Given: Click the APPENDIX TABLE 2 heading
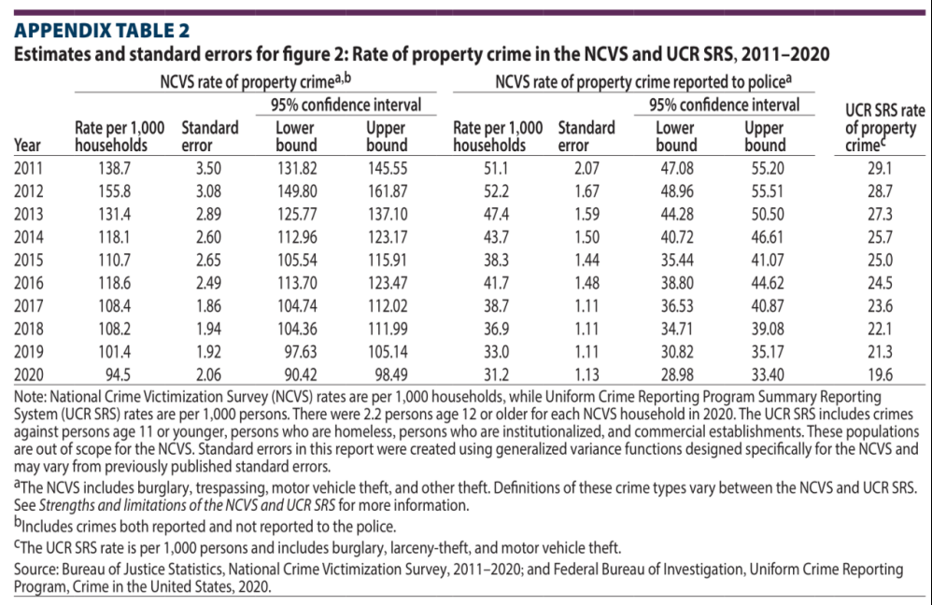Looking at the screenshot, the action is coord(102,30).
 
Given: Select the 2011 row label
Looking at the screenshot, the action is coord(29,169).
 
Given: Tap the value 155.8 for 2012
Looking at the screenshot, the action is coord(115,191).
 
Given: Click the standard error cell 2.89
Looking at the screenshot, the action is coord(208,215).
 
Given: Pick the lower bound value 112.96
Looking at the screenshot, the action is coord(297,237).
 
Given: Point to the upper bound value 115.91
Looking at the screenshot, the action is coord(388,260).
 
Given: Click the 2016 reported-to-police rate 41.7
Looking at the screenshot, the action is coord(496,283).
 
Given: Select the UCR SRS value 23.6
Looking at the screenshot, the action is coord(880,306).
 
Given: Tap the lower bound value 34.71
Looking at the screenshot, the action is coord(677,329).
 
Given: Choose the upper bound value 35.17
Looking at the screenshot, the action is coord(768,352).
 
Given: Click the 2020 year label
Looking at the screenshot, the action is coord(29,375).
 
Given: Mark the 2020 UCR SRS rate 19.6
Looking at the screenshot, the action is coord(880,375).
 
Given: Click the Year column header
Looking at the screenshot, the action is coord(27,146).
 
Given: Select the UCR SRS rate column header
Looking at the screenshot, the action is coord(884,128).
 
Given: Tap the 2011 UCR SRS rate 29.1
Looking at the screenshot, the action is coord(880,169).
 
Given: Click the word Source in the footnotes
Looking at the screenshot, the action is coord(35,570).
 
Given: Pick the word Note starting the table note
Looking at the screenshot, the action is coord(29,397).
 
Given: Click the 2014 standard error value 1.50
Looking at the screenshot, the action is coord(586,237).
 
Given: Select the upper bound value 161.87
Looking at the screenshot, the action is coord(388,191).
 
